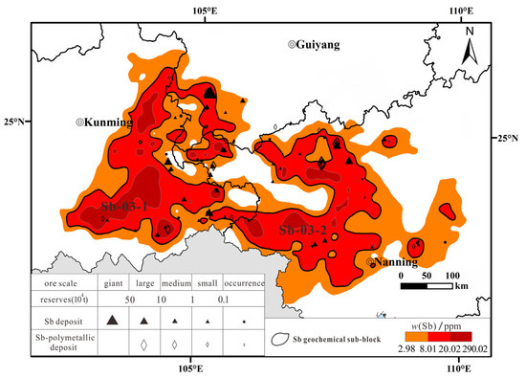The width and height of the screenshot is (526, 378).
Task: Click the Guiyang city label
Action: tap(318, 45)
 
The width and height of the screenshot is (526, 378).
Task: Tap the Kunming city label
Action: tap(105, 122)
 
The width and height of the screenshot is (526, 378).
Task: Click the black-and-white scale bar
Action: tap(435, 284)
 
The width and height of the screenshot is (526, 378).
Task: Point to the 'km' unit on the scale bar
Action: tap(462, 285)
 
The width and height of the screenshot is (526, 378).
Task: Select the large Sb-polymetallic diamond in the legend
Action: tap(143, 344)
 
